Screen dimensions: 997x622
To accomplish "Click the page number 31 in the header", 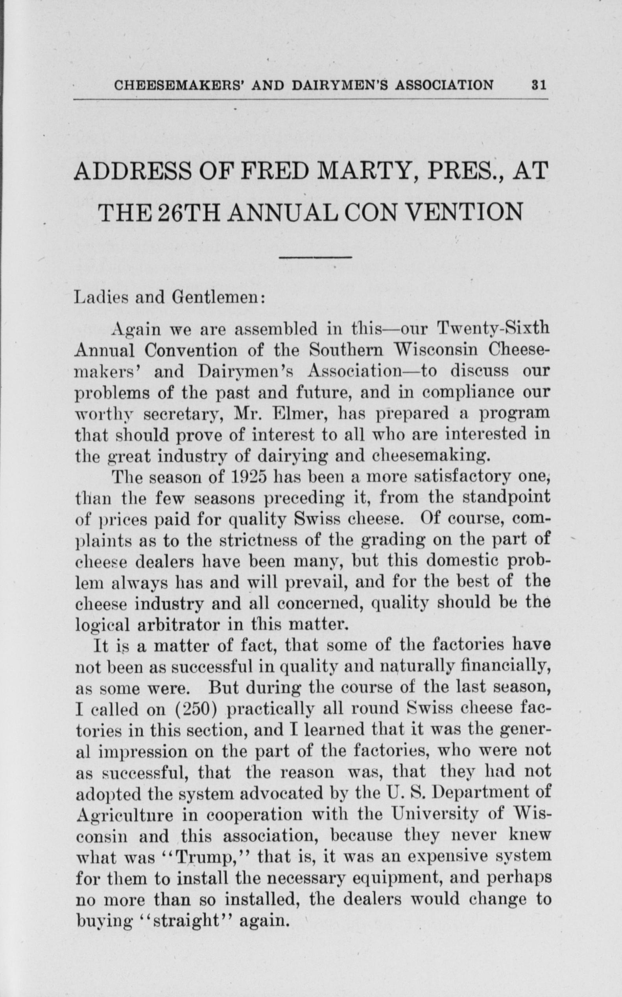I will tap(539, 85).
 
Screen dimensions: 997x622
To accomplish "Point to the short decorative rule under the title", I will tap(315, 258).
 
